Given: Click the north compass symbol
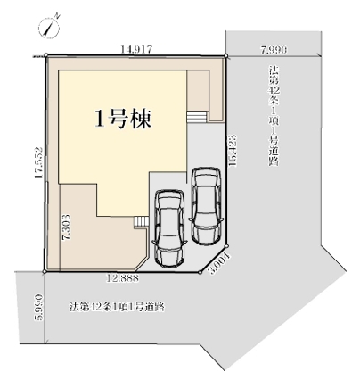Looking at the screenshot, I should coord(49,28).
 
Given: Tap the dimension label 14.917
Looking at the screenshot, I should coord(135,51).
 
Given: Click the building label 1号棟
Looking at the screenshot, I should coord(123,121).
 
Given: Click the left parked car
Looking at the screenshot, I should coord(169,228).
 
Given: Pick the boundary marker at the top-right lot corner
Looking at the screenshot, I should coord(227,57).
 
